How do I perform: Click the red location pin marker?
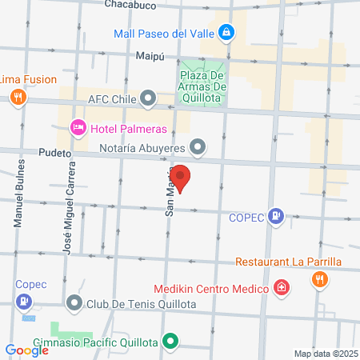tap(182, 178)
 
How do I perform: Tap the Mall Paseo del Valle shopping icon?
tap(227, 32)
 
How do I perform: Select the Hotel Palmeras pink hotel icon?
tap(78, 126)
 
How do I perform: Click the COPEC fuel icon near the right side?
tap(276, 214)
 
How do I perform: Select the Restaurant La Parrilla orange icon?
tap(319, 278)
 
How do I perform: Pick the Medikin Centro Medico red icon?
tap(282, 287)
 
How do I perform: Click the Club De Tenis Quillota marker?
tap(75, 302)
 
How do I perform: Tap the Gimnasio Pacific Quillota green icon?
tap(170, 342)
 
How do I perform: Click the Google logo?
tap(26, 350)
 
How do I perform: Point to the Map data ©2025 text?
tap(325, 354)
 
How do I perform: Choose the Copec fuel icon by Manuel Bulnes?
tap(25, 301)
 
